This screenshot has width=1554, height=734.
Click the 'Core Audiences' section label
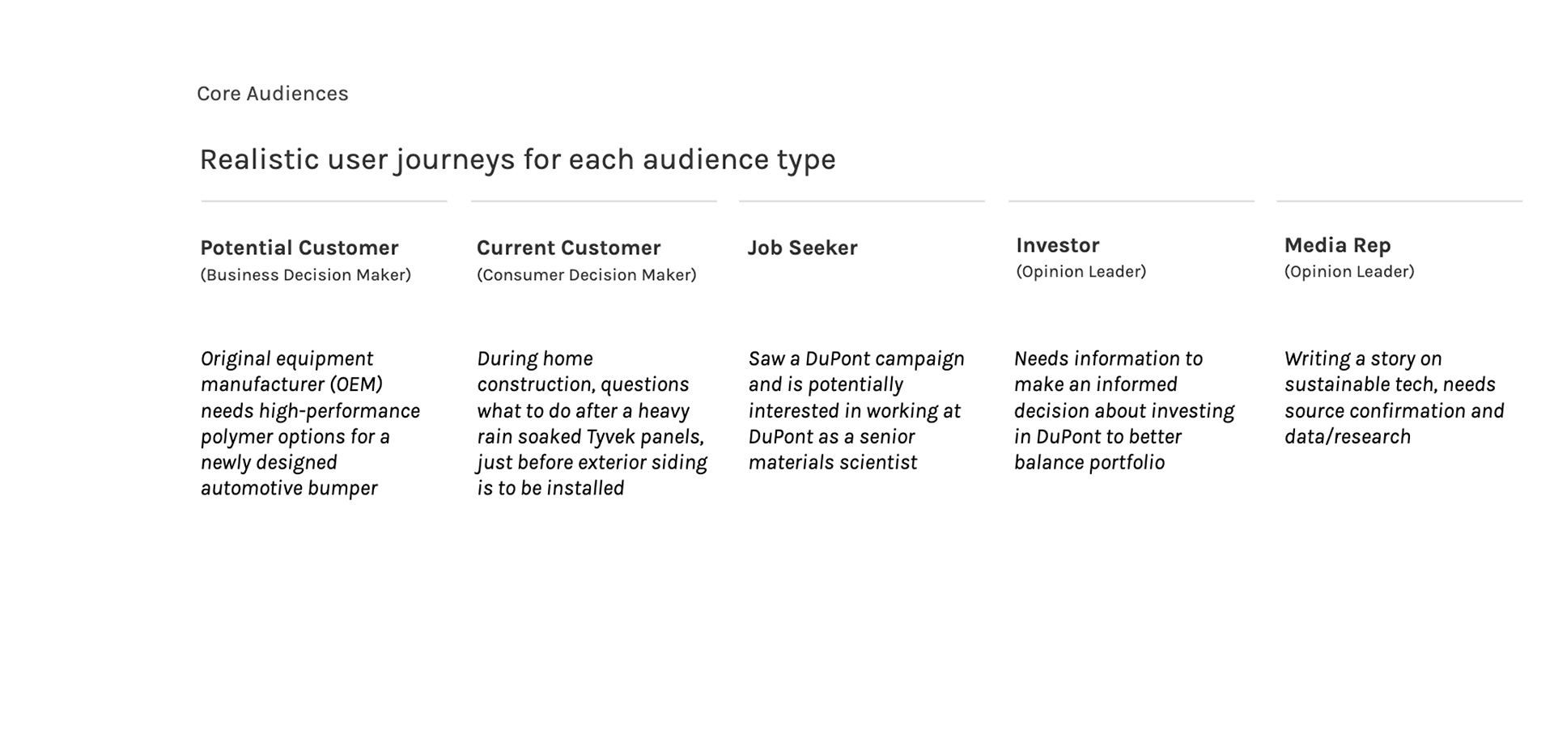[273, 94]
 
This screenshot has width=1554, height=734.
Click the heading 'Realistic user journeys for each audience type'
[517, 160]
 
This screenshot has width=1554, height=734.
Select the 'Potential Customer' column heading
[299, 248]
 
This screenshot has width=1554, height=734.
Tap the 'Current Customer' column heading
[568, 248]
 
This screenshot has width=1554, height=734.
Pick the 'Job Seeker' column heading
[802, 248]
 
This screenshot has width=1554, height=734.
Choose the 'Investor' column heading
[1057, 245]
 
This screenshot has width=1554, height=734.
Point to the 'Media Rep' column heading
[1337, 245]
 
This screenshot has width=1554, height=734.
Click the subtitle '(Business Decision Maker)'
[306, 275]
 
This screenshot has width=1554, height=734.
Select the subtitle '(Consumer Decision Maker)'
[587, 275]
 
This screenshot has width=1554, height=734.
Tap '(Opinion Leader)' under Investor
[1081, 272]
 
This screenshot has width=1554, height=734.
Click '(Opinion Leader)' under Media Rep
[1349, 272]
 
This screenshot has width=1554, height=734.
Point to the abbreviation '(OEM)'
[356, 384]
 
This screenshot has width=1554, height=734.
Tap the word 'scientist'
[878, 463]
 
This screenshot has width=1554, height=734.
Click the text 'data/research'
[1348, 437]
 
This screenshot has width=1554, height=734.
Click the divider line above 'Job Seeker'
[862, 201]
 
